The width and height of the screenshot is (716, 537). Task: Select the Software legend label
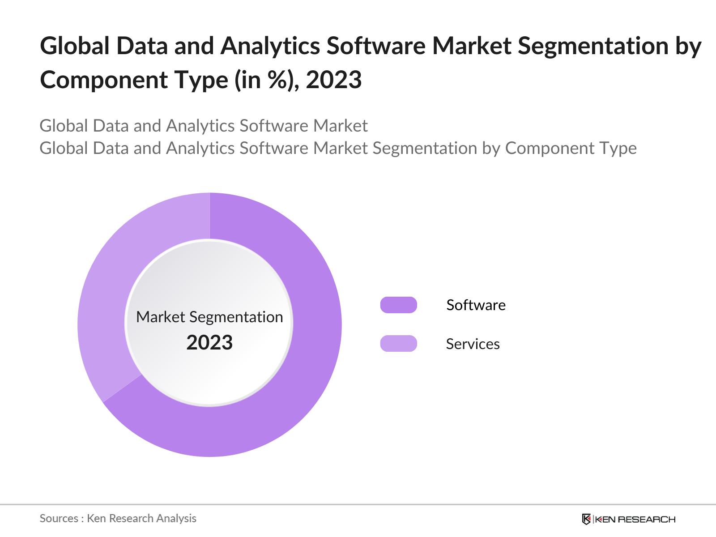[x=476, y=305]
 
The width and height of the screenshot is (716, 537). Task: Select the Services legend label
[x=473, y=344]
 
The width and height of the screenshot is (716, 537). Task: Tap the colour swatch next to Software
[x=398, y=305]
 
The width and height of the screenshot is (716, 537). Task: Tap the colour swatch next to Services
[x=398, y=344]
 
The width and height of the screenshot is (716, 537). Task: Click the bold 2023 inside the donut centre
[x=209, y=343]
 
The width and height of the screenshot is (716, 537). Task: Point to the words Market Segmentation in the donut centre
[x=209, y=317]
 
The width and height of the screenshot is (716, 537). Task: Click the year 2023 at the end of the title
[x=334, y=81]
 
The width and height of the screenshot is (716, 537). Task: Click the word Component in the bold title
[x=104, y=81]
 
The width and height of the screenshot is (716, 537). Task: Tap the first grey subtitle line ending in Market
[x=204, y=126]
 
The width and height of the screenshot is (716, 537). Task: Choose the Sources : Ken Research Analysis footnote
[x=118, y=518]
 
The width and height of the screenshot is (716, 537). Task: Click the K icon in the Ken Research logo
[x=586, y=519]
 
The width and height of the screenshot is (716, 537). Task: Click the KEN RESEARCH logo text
[x=635, y=520]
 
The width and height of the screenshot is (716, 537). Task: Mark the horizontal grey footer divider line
[x=358, y=505]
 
